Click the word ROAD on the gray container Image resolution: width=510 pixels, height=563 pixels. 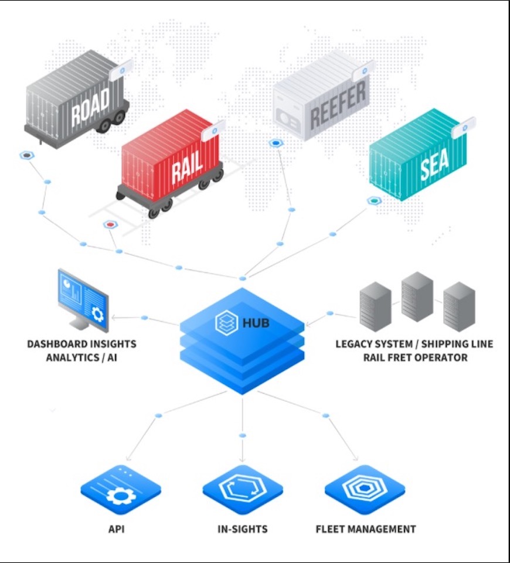(x=90, y=107)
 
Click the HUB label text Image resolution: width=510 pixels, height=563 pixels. (x=256, y=322)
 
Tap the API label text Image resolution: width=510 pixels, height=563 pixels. (x=117, y=529)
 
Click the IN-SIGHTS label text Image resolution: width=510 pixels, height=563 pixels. (x=242, y=529)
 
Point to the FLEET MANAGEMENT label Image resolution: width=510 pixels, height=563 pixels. (x=366, y=529)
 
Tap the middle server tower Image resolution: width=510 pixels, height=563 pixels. (x=417, y=296)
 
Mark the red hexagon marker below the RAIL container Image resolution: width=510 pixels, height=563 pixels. (x=108, y=224)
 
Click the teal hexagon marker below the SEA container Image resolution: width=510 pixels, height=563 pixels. (x=373, y=201)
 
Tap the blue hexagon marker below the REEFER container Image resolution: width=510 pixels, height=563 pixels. (x=274, y=143)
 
